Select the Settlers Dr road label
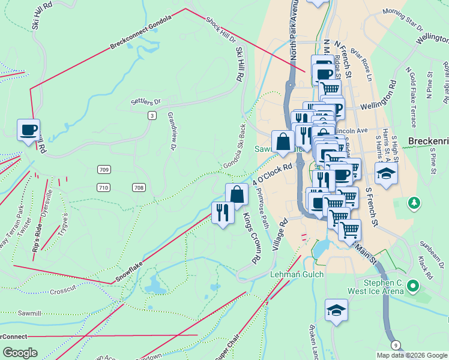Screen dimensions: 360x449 [x=146, y=102]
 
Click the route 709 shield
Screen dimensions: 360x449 [x=104, y=170]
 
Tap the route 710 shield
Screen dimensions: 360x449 [x=103, y=188]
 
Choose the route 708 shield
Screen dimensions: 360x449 [x=139, y=188]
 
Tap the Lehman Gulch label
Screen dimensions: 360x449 [x=297, y=274]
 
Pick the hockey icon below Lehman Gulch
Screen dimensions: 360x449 [x=336, y=310]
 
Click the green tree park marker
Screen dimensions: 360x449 [x=414, y=203]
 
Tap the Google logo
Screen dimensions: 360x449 [x=20, y=352]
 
